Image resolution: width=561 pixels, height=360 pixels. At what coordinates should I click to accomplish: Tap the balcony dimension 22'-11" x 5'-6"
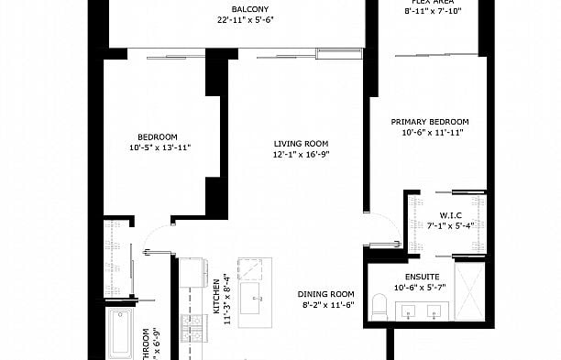[236, 20]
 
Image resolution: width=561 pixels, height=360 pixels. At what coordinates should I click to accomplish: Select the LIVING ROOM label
[301, 143]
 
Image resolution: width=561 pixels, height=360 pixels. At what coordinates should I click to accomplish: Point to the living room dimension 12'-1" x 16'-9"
[301, 154]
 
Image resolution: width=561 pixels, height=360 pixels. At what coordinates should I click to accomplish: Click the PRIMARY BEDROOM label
[430, 122]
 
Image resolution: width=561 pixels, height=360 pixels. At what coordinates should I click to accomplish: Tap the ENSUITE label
[423, 277]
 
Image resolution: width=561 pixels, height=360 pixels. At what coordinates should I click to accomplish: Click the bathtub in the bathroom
[118, 335]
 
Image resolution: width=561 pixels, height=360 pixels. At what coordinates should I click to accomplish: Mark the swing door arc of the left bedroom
[161, 230]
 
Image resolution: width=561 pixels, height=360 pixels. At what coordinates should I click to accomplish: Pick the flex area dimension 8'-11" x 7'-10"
[430, 11]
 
